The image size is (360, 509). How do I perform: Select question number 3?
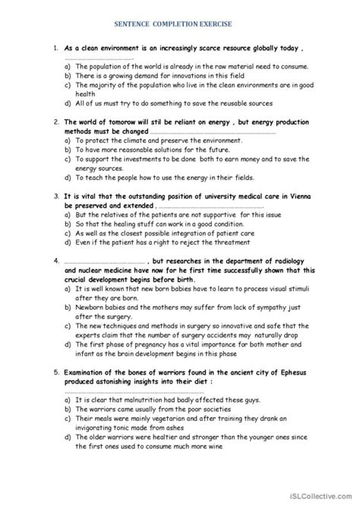[x=56, y=195]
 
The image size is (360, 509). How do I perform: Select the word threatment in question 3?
[x=232, y=243]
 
